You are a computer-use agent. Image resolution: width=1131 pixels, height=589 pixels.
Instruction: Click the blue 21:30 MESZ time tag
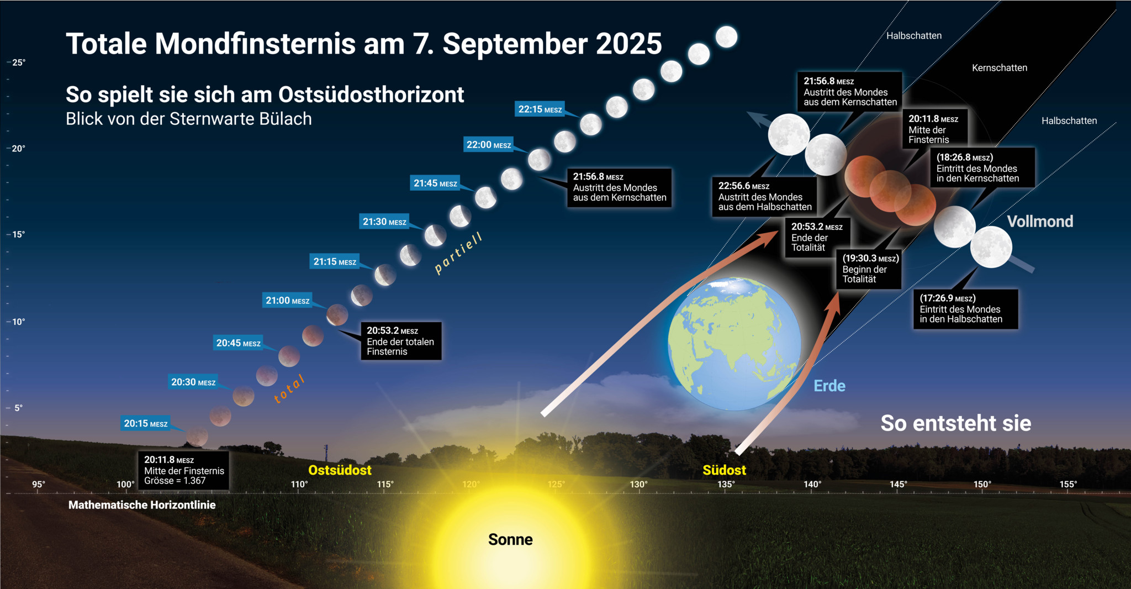pos(384,222)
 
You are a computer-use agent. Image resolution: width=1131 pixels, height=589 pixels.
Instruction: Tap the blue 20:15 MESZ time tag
pos(146,423)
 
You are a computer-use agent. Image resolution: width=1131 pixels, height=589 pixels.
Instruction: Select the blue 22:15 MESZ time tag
pos(540,109)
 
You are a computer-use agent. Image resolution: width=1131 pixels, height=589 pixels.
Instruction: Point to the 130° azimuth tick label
pos(639,485)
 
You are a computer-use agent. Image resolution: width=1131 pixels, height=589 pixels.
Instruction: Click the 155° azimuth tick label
pos(1068,485)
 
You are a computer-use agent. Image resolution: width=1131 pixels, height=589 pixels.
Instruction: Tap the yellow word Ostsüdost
pos(340,470)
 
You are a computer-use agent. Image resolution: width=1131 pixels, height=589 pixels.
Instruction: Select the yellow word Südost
pos(724,470)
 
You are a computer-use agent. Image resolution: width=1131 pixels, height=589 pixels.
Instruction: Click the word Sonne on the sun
pos(510,539)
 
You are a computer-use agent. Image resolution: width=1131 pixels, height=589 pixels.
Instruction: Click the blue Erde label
pos(829,386)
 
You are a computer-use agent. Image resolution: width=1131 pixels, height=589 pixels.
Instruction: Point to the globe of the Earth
pos(734,344)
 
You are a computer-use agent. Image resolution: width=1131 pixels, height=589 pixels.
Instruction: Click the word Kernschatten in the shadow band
pos(1000,68)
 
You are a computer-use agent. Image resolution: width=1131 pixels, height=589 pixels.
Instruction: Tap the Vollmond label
pos(1040,222)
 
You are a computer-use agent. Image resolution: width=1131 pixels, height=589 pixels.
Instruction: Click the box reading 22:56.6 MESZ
pos(765,196)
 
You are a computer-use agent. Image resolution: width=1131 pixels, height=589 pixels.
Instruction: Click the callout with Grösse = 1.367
pos(183,470)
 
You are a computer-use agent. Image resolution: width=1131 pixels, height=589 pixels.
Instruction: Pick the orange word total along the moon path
pos(289,389)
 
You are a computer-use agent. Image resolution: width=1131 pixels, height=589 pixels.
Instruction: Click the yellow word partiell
pos(458,253)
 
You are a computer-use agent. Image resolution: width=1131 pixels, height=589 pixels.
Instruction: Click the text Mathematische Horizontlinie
pos(142,505)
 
